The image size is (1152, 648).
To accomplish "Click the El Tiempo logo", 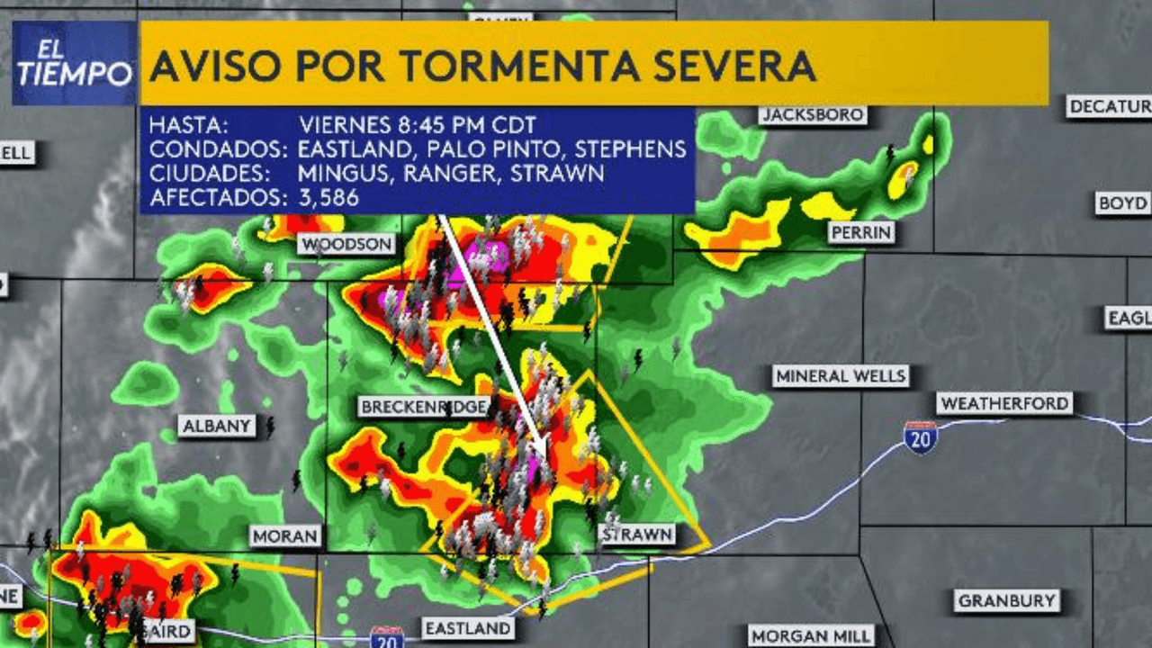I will click(x=75, y=63).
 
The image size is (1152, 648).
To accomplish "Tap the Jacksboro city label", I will click(x=813, y=115).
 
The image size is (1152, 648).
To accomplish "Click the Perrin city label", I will click(x=861, y=232).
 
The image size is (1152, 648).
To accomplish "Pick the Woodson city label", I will click(x=346, y=244).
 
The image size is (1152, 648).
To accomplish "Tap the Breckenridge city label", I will click(x=424, y=407).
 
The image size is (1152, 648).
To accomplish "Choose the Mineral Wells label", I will click(x=841, y=375).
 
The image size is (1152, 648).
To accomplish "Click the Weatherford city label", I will click(x=1004, y=403).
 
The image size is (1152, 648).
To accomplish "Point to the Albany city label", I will click(x=217, y=427).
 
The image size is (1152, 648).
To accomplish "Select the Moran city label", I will click(x=285, y=536).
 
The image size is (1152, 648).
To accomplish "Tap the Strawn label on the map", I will click(x=637, y=535).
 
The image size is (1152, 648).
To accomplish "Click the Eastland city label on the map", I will click(x=468, y=628).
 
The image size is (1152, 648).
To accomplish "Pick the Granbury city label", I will click(x=1006, y=600).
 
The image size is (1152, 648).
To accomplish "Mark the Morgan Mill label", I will click(x=810, y=635).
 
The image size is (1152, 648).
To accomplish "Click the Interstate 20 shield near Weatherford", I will click(x=921, y=436).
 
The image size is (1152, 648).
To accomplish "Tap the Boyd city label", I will click(x=1122, y=203).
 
